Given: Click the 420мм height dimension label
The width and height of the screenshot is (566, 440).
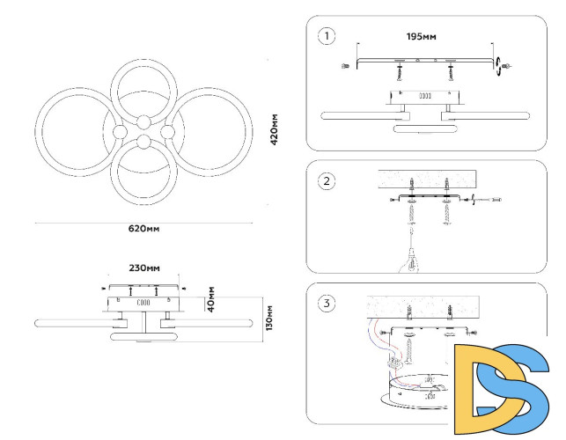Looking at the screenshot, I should [275, 129].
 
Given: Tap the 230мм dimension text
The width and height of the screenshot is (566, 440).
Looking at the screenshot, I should [144, 268].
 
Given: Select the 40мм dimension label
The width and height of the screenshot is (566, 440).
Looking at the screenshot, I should [211, 298].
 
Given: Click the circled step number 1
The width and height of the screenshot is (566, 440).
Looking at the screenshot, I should [327, 36].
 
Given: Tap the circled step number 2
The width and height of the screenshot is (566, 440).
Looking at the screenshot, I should [327, 181].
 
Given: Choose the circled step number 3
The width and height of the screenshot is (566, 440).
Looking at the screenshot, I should [327, 304].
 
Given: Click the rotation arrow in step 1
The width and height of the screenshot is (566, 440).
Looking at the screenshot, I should [499, 63].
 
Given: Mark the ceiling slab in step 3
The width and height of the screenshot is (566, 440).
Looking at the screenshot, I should [423, 304].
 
